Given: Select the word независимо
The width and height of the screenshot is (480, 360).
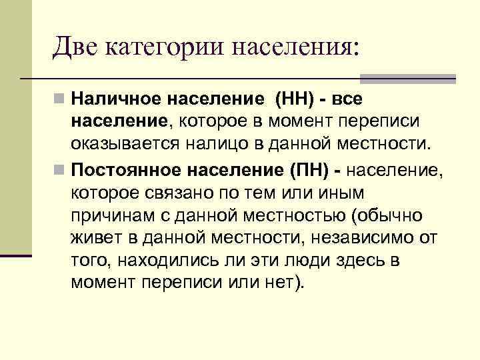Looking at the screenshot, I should click(x=373, y=238).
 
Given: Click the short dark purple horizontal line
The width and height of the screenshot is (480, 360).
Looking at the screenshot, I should click(x=16, y=255).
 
